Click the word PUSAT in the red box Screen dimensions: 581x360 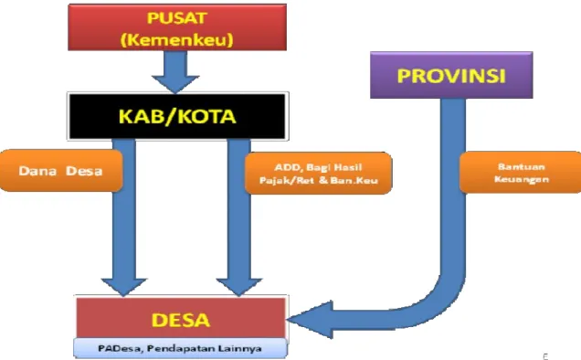176,18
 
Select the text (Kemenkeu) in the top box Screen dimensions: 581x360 176,39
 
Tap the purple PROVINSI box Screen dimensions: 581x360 451,75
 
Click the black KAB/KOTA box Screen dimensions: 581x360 177,116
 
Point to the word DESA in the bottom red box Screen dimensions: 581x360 181,320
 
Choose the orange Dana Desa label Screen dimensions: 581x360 61,171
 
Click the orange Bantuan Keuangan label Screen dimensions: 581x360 521,173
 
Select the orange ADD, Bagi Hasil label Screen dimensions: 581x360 318,174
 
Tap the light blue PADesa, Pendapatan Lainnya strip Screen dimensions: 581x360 180,348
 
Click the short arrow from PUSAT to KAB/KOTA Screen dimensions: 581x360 175,71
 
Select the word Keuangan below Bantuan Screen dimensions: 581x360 522,179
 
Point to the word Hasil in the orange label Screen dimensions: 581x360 347,167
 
